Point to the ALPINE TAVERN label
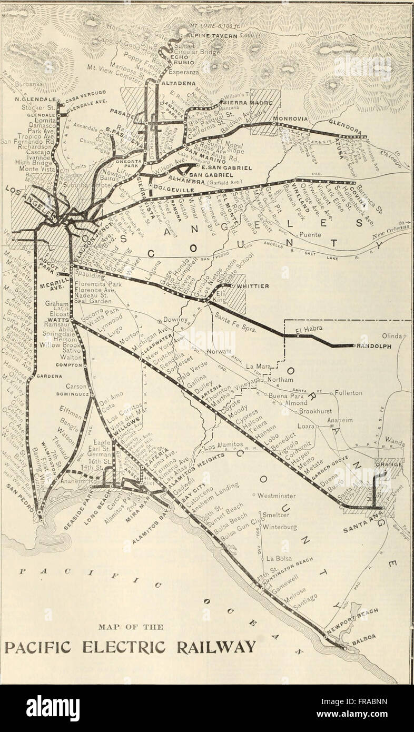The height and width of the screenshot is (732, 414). (210, 35)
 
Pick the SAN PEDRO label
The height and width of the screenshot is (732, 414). (17, 497)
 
